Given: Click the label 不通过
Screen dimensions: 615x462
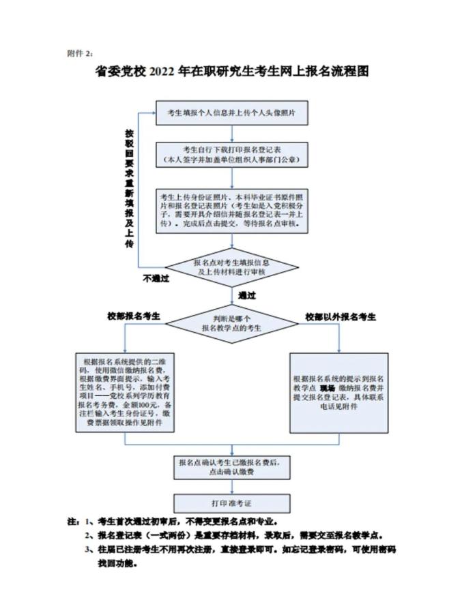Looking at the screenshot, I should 155,279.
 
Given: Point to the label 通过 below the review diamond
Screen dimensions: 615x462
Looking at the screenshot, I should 246,295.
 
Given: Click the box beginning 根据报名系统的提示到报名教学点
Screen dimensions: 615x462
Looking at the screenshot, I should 338,392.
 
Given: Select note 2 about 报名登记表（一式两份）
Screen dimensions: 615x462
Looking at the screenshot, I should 232,535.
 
